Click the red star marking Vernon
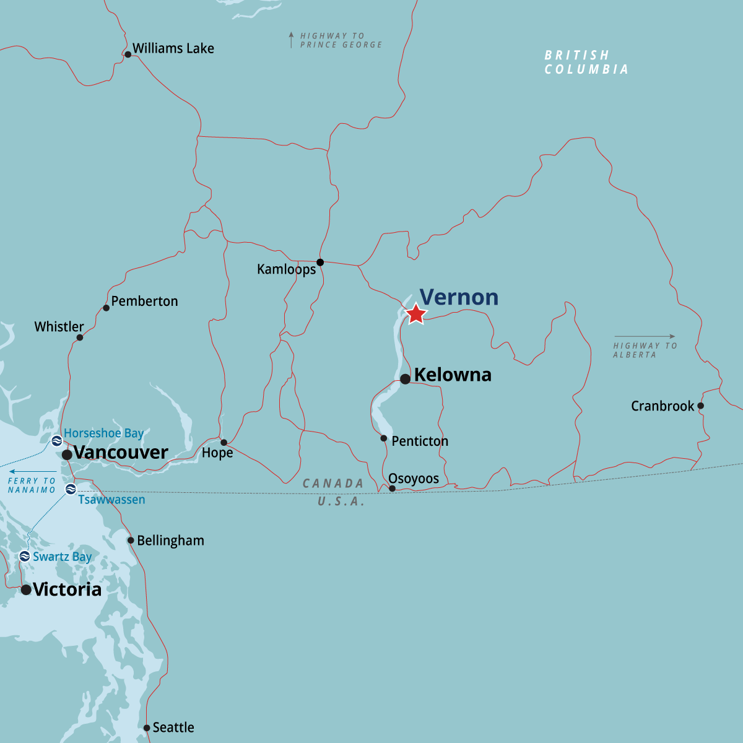tap(416, 314)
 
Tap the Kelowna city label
tap(453, 375)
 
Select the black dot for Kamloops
tap(320, 263)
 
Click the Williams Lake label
tap(173, 48)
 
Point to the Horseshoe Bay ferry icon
tap(56, 441)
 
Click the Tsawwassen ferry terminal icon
tap(71, 490)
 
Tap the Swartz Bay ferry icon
tap(25, 556)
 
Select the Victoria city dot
tap(26, 590)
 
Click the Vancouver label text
tap(121, 453)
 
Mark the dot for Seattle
tap(147, 728)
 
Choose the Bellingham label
tap(170, 541)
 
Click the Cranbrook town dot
tap(701, 406)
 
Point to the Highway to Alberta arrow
tap(645, 337)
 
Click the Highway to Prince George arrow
tap(291, 40)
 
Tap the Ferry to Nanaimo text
tap(32, 485)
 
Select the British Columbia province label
tap(586, 63)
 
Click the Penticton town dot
tap(384, 438)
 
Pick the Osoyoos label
tap(414, 479)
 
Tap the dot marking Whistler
tap(80, 337)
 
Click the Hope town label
tap(217, 453)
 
